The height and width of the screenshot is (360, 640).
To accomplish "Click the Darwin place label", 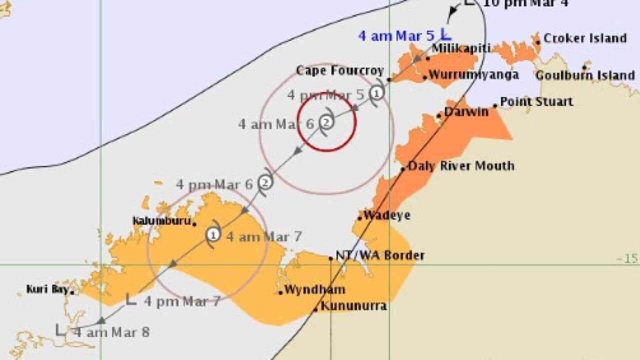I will click(466, 112).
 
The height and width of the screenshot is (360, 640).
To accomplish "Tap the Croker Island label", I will click(584, 38).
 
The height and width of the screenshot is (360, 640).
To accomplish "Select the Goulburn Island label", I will click(585, 75).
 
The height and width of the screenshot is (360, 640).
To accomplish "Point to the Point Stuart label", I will click(536, 101).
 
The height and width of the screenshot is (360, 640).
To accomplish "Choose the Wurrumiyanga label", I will click(473, 75).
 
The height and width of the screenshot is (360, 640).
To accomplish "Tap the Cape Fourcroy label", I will click(340, 70).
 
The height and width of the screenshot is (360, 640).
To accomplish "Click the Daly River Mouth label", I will click(461, 165).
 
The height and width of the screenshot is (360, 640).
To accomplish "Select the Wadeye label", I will click(387, 215).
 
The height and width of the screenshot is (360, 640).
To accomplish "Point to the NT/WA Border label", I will click(380, 255).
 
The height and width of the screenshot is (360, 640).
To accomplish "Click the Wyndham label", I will click(314, 289).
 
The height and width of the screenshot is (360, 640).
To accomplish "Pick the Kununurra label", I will click(353, 305).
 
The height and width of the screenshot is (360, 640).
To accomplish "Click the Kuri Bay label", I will click(47, 289).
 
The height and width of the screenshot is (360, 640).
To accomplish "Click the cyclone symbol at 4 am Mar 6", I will click(326, 121).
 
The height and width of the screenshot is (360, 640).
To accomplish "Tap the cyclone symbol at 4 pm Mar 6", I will click(266, 182).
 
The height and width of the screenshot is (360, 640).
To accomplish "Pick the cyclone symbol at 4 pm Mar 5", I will click(377, 92).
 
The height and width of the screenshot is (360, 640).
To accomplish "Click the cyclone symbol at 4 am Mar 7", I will click(213, 233).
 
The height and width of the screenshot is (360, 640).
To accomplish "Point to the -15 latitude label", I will click(627, 258).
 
